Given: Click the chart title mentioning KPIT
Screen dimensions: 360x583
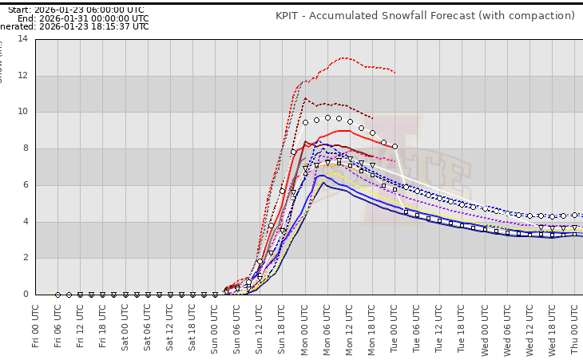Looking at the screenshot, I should (x=425, y=15).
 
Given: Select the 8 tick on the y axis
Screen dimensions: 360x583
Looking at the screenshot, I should (x=24, y=148).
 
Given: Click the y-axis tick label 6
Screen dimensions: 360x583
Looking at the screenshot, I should (x=24, y=185).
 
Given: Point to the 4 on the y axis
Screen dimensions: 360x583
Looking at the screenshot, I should (x=24, y=222).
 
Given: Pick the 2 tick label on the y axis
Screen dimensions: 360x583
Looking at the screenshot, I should (x=24, y=258).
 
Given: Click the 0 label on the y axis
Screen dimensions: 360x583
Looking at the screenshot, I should (x=24, y=295).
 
